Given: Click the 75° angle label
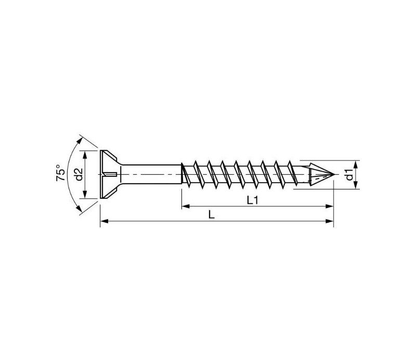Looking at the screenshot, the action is click(x=60, y=173).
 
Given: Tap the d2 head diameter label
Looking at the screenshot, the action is click(x=79, y=174).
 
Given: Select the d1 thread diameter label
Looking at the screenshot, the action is click(x=349, y=174).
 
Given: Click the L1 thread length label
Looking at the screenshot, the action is click(x=252, y=200).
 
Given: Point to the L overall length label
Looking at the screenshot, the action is click(x=211, y=214).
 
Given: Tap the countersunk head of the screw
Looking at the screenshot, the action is click(x=109, y=174).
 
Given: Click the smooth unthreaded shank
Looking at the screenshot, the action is click(x=151, y=174).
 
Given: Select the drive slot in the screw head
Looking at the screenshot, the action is click(x=110, y=174).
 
